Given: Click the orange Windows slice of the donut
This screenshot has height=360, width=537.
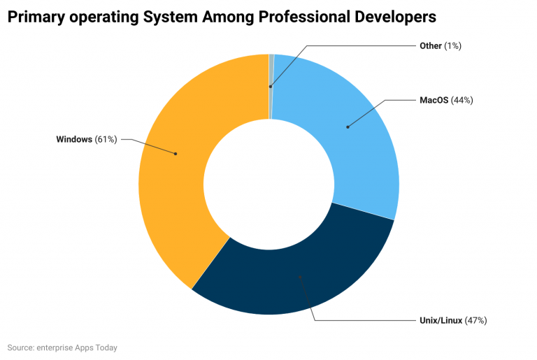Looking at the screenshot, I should tap(171, 182).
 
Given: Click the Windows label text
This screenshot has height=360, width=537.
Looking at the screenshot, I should tap(74, 140).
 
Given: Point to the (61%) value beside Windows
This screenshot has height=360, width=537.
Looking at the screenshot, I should tap(106, 140).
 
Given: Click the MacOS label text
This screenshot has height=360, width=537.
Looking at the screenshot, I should tap(434, 100).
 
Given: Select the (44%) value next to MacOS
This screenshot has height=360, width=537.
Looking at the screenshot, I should tap(462, 100).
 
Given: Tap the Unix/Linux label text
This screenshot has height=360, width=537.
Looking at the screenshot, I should tap(439, 320).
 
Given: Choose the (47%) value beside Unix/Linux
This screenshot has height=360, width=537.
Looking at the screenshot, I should tap(475, 320).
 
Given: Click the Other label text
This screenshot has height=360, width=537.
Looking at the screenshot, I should tap(430, 45).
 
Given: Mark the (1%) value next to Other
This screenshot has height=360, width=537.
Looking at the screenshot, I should tap(452, 45).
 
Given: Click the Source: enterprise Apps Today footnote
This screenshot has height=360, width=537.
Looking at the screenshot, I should tap(62, 347).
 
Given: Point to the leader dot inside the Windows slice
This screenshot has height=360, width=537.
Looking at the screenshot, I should tap(176, 154).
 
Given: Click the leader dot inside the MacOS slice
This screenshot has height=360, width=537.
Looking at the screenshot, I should tap(348, 127).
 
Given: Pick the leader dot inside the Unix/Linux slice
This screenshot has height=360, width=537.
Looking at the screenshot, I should tap(300, 278).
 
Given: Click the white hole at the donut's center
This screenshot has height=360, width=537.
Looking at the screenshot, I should tap(268, 184).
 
